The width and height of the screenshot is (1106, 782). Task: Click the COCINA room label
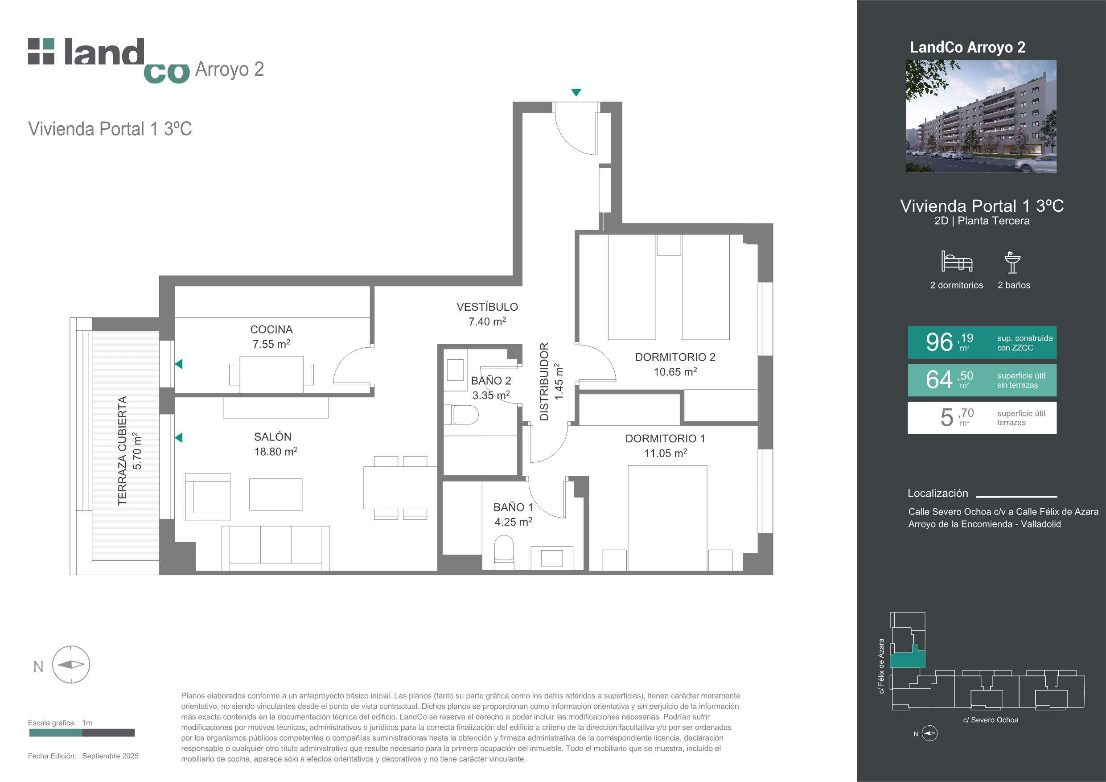click(x=271, y=329)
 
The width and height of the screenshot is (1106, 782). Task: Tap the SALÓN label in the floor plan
click(x=273, y=437)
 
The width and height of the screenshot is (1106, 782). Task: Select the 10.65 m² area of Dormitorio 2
click(x=675, y=371)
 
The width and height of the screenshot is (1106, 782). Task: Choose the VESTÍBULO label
click(x=487, y=307)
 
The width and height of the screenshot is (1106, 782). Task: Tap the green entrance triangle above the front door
click(x=576, y=92)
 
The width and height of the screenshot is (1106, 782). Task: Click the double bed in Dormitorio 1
click(x=667, y=518)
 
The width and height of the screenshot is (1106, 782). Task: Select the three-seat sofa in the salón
click(x=275, y=548)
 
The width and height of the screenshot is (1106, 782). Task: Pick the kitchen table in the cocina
click(x=271, y=375)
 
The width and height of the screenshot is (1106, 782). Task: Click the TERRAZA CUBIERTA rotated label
click(x=122, y=450)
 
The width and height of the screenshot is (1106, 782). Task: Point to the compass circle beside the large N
click(x=71, y=664)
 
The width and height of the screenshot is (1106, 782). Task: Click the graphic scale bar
click(x=82, y=733)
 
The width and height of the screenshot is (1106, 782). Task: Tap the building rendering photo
click(x=981, y=116)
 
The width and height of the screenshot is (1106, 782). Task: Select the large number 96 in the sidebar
click(x=939, y=342)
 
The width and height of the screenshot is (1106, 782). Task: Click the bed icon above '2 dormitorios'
click(x=957, y=261)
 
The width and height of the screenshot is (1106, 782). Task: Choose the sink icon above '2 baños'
click(x=1012, y=263)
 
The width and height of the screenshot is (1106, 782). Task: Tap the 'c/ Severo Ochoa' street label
click(x=991, y=720)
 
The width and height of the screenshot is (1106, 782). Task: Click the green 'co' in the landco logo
click(x=166, y=73)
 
